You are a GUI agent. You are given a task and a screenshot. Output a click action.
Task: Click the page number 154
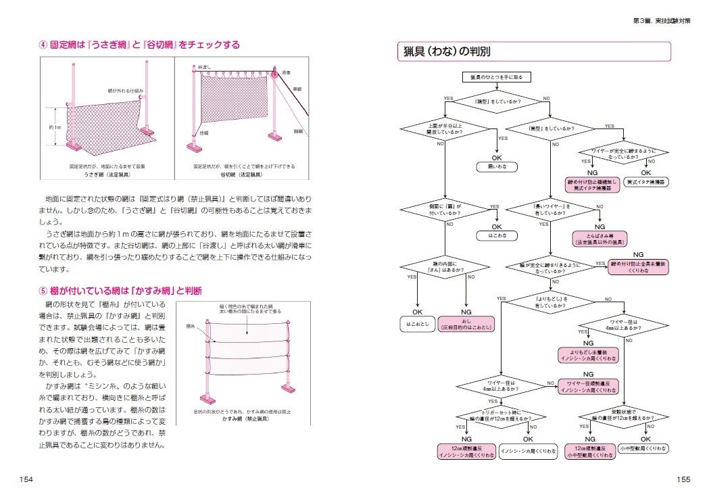pyautogui.click(x=26, y=480)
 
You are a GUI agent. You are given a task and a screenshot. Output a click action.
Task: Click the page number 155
pyautogui.click(x=683, y=480)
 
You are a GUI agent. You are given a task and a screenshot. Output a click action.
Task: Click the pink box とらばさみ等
pyautogui.click(x=600, y=237)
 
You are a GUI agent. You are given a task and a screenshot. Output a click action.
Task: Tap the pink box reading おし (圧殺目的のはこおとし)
pyautogui.click(x=466, y=324)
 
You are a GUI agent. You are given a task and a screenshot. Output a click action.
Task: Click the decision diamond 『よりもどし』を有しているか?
pyautogui.click(x=552, y=299)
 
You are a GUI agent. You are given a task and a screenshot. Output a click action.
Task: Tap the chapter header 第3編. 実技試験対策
pyautogui.click(x=662, y=20)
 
